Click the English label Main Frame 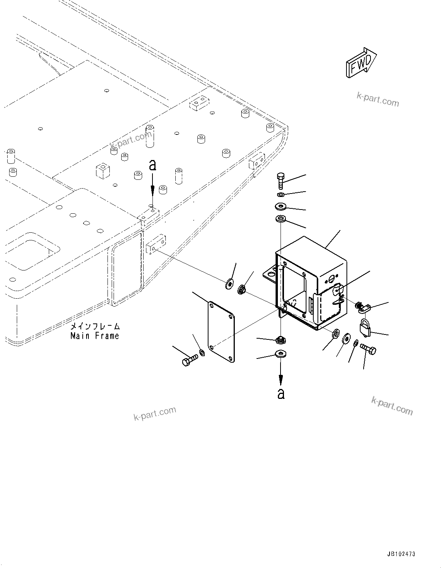[x=95, y=336]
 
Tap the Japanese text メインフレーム [x=95, y=326]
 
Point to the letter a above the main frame [x=152, y=165]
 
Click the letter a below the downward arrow [x=281, y=394]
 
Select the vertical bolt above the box [x=280, y=180]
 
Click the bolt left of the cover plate [x=189, y=360]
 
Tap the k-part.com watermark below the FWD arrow [x=377, y=100]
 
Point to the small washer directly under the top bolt [x=281, y=195]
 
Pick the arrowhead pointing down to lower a [x=281, y=379]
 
